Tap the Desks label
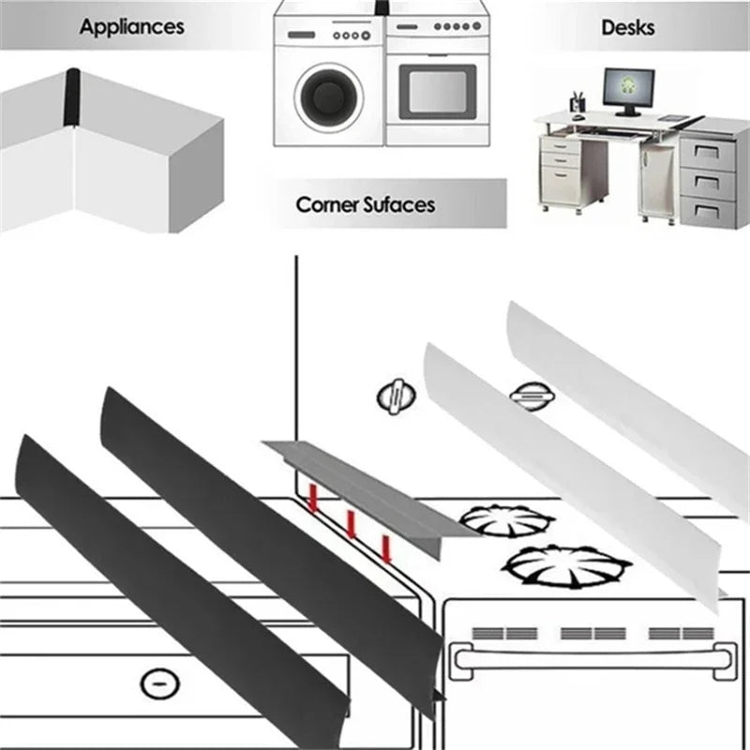coord(627,26)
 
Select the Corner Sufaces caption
coord(366,203)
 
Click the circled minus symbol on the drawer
coord(158,682)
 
